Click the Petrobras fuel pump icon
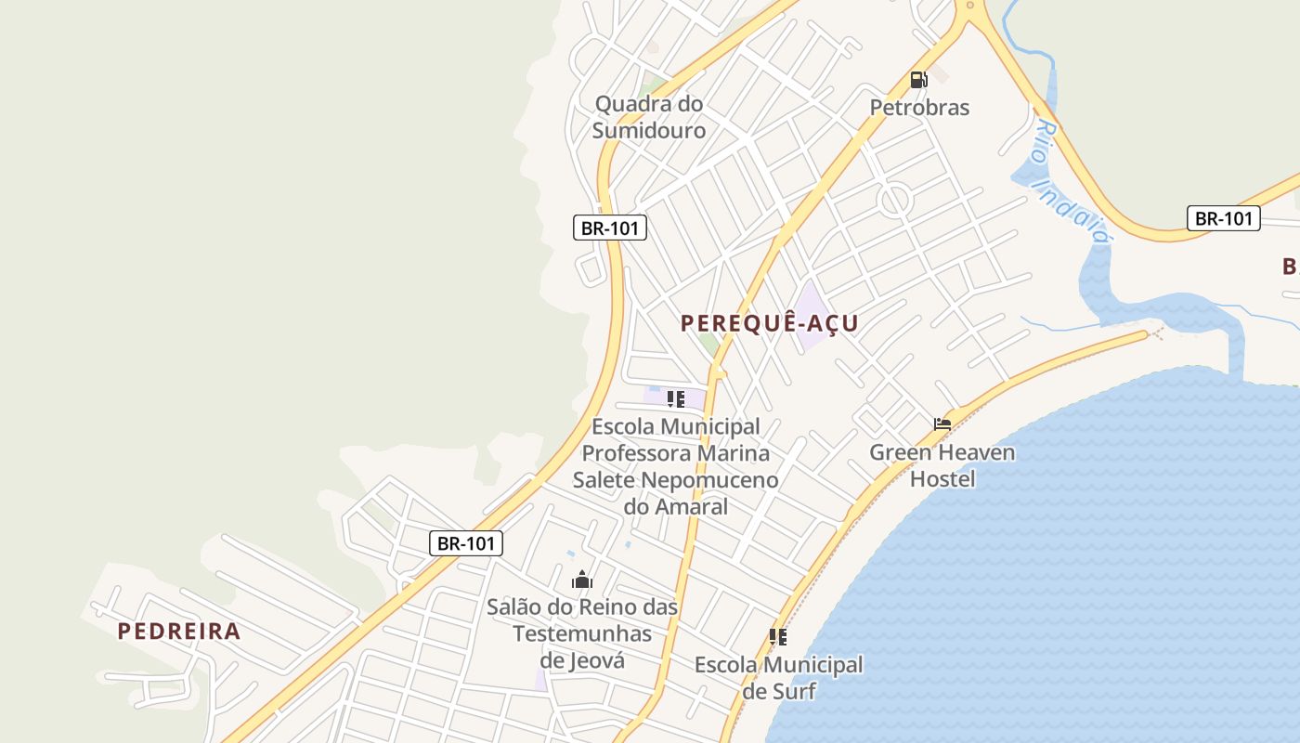pos(918,80)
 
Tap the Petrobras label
pos(919,108)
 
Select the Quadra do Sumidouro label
pos(649,117)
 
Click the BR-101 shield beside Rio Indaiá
pos(1223,219)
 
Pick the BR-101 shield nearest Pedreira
pos(465,543)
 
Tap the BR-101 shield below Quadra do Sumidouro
pos(609,228)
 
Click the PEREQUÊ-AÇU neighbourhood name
pos(770,323)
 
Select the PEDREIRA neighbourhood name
pos(179,632)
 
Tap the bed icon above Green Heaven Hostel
pos(942,424)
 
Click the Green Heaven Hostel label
pos(942,466)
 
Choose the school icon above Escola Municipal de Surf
pos(778,637)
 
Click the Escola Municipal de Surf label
pos(778,678)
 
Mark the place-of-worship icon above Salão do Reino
pos(582,580)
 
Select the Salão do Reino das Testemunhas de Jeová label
pos(582,633)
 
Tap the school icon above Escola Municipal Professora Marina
pos(676,399)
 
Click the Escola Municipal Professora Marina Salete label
pos(676,466)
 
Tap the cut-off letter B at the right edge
pos(1291,267)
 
